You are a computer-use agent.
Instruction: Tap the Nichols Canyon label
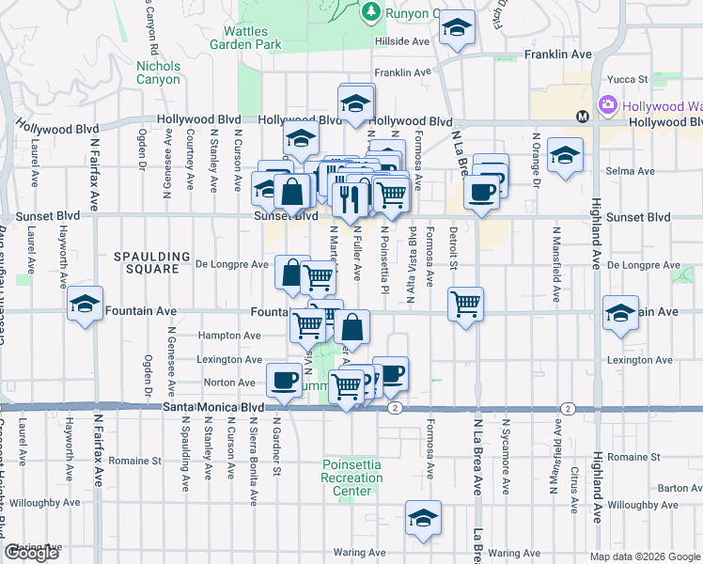pos(158,72)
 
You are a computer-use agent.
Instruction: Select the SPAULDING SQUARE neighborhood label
pos(146,262)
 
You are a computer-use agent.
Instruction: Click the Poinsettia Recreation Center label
pos(352,478)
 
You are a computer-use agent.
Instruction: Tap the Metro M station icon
pos(583,117)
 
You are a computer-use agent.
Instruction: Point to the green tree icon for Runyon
pos(371,11)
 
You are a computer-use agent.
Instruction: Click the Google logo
pos(31,553)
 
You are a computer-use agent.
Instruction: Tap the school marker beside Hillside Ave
pos(458,30)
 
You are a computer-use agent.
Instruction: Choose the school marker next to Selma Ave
pos(565,156)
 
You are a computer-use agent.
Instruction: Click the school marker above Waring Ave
pos(423,518)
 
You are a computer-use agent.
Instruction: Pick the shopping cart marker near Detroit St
pos(465,305)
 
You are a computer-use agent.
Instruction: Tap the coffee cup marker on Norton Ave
pos(283,380)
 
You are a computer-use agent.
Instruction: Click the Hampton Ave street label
pos(228,336)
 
